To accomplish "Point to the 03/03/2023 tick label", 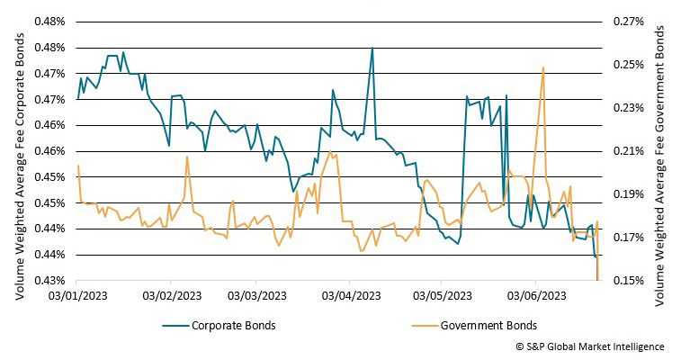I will (259, 295).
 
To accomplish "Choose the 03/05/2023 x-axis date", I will (442, 295).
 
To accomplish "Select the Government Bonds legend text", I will (489, 325).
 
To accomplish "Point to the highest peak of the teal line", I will (372, 49).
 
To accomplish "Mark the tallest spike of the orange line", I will (542, 67).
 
